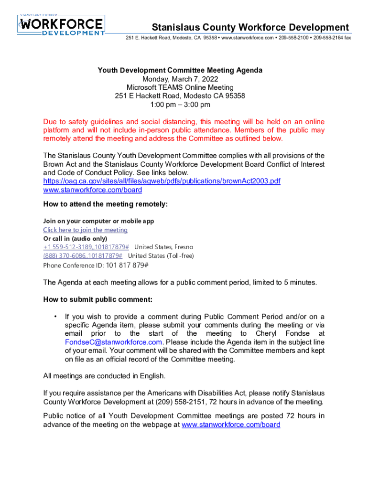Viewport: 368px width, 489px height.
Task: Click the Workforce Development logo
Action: click(61, 25)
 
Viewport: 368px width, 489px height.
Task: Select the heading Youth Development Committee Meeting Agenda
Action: click(180, 70)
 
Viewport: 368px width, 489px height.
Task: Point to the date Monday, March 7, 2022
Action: click(180, 79)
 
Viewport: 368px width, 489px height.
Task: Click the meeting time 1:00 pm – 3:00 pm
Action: click(180, 105)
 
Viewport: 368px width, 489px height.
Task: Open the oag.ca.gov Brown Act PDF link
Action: click(162, 181)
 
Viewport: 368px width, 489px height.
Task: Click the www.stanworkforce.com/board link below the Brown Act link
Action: click(92, 190)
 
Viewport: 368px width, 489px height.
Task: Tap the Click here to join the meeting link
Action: click(85, 230)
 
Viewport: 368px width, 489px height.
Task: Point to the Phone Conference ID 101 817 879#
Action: click(127, 265)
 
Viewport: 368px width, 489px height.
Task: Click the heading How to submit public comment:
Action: click(97, 299)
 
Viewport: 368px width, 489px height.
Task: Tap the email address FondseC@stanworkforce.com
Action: click(114, 342)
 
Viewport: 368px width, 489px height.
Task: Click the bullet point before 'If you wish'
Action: click(56, 316)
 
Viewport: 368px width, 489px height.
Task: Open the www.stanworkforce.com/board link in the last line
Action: click(231, 424)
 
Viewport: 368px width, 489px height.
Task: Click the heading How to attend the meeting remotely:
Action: click(105, 204)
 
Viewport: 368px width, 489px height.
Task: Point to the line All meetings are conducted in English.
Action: click(104, 375)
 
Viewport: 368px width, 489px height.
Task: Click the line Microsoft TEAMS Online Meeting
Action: click(180, 87)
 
